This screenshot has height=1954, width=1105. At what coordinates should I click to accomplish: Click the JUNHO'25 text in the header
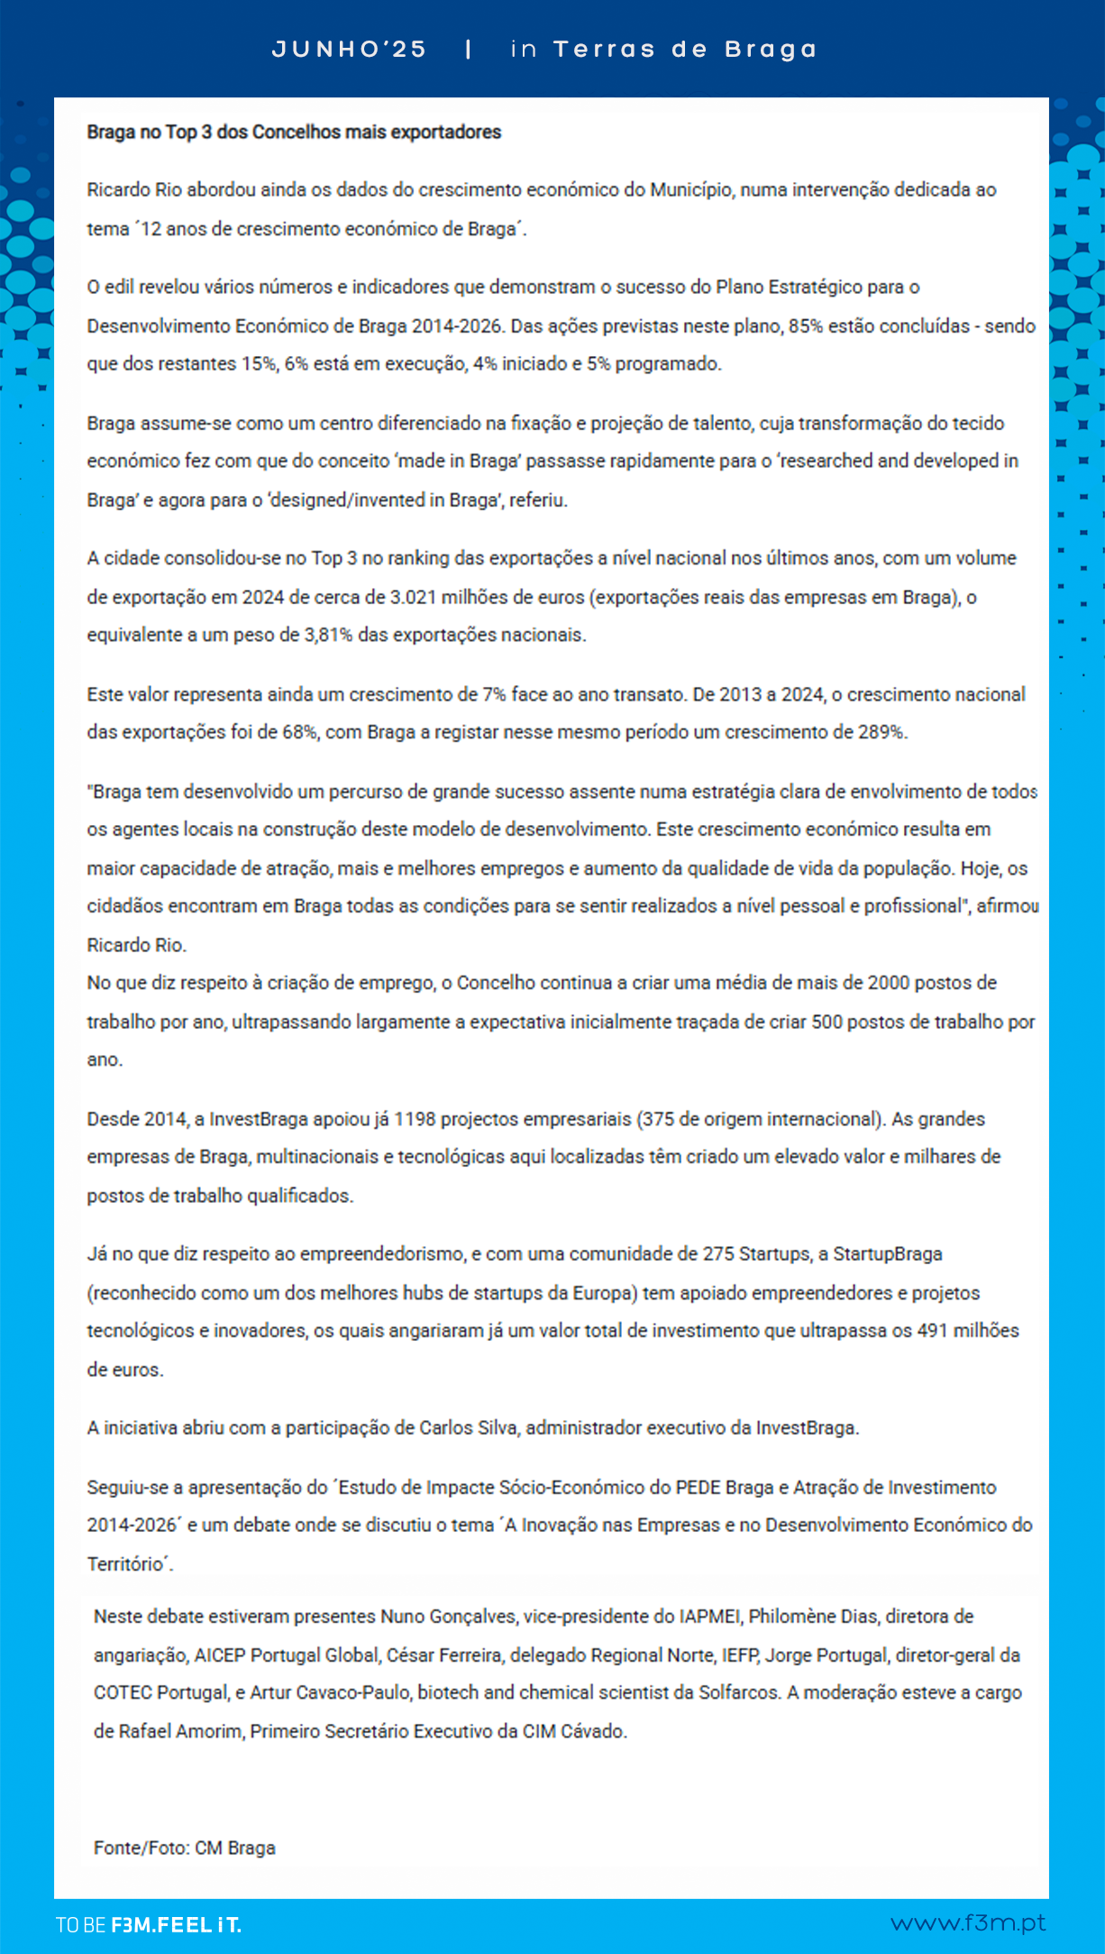350,50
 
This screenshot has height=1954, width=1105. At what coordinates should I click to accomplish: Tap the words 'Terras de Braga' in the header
685,50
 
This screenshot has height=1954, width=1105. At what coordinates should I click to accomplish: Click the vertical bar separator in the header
469,50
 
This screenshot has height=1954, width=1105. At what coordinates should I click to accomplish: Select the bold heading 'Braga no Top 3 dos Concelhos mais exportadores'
294,133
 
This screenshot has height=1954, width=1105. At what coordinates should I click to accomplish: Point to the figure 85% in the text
806,326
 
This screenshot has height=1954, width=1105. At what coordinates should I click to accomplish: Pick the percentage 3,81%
328,635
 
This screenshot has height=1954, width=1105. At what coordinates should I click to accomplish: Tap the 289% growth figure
881,732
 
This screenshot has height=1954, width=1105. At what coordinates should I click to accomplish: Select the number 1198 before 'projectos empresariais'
414,1119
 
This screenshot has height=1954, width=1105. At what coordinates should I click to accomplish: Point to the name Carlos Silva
469,1428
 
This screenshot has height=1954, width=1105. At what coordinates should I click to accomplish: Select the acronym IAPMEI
710,1617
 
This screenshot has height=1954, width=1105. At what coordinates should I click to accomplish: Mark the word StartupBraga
887,1254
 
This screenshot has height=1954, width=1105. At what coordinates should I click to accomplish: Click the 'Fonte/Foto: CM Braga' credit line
185,1848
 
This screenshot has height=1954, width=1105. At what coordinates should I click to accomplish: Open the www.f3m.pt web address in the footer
968,1923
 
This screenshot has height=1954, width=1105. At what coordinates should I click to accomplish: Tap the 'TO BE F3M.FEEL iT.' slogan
149,1925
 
